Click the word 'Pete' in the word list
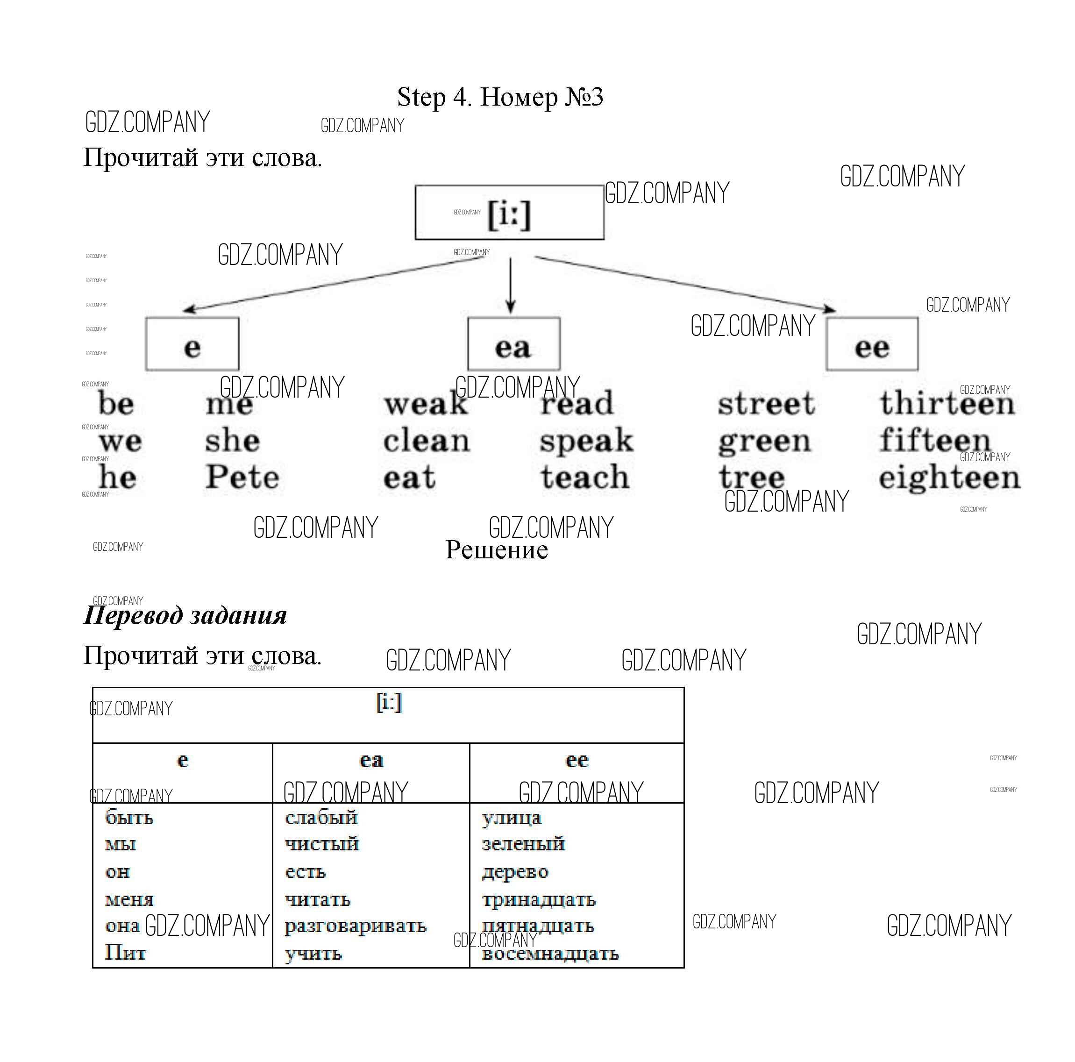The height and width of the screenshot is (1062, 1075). (x=242, y=478)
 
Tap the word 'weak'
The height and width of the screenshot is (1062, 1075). (x=426, y=404)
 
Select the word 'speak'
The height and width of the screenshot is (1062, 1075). (x=586, y=442)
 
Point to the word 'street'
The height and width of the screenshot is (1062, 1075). (x=766, y=404)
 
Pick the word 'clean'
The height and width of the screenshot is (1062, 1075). (x=426, y=442)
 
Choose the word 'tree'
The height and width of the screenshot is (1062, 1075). (x=752, y=478)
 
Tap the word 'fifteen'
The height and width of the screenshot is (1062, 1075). (x=935, y=441)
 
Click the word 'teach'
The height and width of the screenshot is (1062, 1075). (x=585, y=478)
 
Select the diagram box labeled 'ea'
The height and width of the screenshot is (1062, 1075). (x=513, y=344)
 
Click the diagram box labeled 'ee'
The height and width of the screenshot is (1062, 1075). (x=872, y=344)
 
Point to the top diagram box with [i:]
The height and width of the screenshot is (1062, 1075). (x=509, y=213)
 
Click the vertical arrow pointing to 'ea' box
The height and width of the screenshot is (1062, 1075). (x=510, y=284)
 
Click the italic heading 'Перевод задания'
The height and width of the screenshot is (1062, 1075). (x=185, y=616)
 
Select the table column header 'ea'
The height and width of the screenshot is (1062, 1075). (x=371, y=760)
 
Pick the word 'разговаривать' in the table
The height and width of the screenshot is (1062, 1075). (x=356, y=926)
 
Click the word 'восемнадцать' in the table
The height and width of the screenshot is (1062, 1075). (x=550, y=954)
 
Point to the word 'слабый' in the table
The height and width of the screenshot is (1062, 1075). (x=321, y=818)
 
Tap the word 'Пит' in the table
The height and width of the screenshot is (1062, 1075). (x=125, y=953)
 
